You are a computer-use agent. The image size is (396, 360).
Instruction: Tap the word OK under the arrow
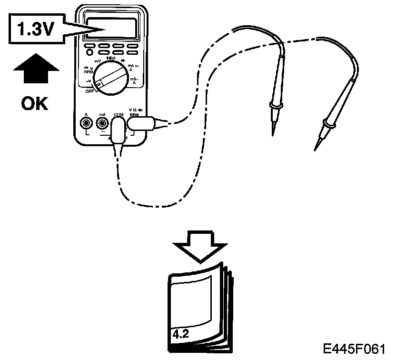[35, 103]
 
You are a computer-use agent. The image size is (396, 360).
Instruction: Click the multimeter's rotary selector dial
[110, 78]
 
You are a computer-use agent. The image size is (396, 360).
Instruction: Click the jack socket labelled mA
[101, 124]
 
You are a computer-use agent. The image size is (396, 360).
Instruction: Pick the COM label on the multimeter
[118, 115]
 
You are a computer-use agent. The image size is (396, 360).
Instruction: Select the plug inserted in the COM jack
[118, 131]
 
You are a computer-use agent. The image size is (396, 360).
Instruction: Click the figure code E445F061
[355, 349]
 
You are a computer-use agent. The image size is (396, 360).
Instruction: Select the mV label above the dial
[97, 62]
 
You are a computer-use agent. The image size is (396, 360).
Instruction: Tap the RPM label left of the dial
[88, 72]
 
